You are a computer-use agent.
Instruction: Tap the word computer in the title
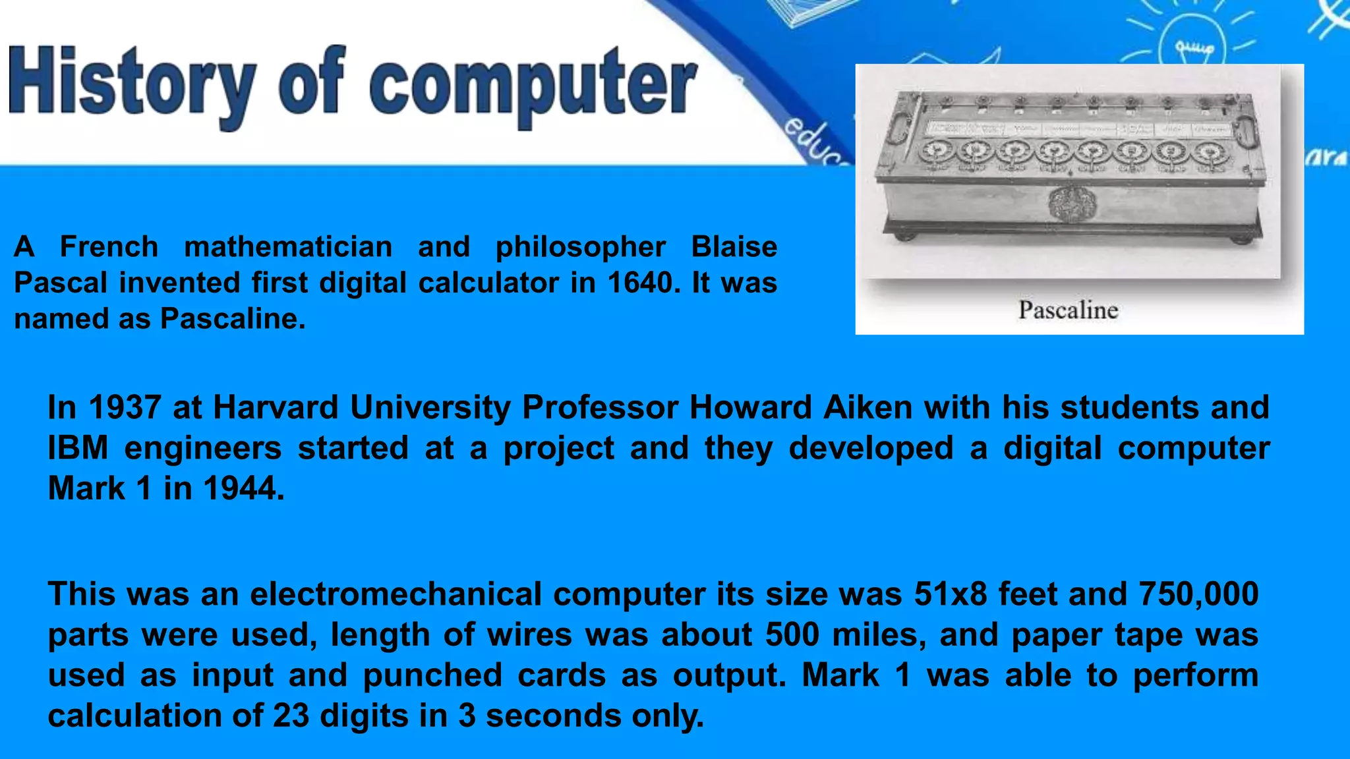(x=533, y=86)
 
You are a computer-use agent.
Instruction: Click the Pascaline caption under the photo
(x=1068, y=310)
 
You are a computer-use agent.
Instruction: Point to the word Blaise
(x=734, y=247)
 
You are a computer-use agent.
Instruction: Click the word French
(x=109, y=247)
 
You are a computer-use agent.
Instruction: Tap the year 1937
(x=125, y=407)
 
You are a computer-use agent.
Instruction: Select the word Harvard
(x=276, y=407)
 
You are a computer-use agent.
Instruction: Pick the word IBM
(x=78, y=448)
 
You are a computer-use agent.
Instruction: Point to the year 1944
(x=243, y=488)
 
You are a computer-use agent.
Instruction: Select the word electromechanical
(x=396, y=594)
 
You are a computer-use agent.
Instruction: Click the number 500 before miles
(x=792, y=634)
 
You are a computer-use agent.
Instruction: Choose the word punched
(x=432, y=676)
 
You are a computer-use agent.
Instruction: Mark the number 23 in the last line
(x=291, y=716)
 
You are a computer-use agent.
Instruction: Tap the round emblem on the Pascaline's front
(x=1072, y=203)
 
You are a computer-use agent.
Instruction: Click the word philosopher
(x=580, y=247)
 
